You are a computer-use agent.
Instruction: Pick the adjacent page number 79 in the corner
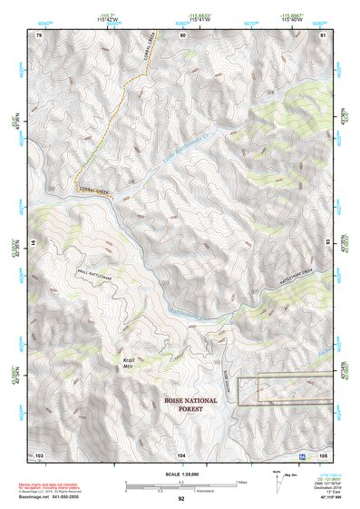click(x=39, y=34)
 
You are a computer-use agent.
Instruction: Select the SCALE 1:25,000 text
click(x=181, y=474)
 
